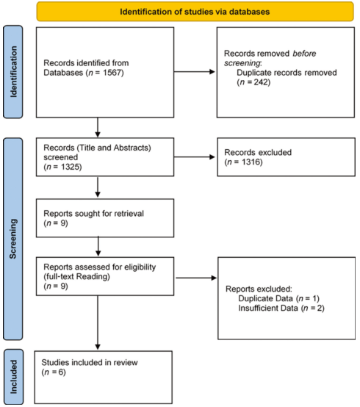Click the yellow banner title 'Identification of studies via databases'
coord(195,12)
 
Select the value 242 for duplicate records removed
coord(260,82)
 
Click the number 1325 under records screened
coord(70,167)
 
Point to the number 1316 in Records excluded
coord(251,162)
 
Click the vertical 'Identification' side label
coord(13,72)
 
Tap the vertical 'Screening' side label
coord(13,239)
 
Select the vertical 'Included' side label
coord(13,377)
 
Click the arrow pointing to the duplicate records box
coord(195,72)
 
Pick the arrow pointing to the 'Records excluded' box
coord(195,156)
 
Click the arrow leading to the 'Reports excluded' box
coord(196,278)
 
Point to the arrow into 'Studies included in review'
coord(98,323)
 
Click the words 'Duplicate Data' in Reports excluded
coord(265,298)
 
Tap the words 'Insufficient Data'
coord(268,308)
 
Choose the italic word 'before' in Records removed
coord(304,54)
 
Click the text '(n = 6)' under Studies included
coord(54,372)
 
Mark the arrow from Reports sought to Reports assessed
coord(98,246)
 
